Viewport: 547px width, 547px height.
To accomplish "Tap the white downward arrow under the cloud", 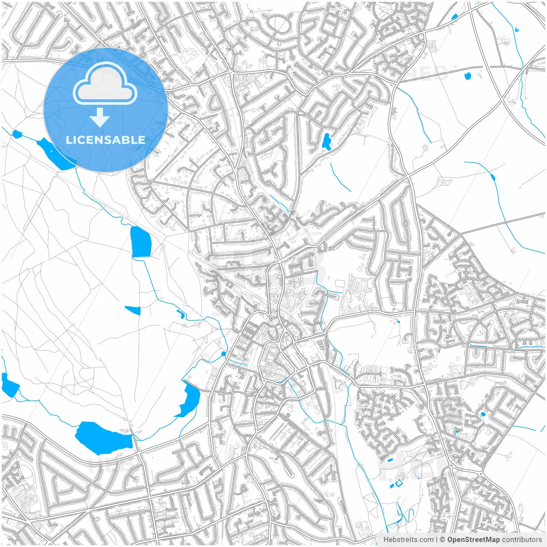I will (100, 118).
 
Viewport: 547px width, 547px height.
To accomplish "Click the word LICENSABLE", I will (105, 140).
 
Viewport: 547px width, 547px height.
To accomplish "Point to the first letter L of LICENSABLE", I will (68, 140).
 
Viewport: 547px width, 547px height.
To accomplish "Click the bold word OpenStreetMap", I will (473, 540).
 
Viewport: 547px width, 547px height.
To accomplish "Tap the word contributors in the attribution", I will (522, 540).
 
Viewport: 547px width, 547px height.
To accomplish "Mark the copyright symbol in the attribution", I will (443, 540).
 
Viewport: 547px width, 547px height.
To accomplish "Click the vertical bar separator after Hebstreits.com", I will (437, 540).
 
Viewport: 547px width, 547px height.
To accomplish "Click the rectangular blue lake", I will (141, 242).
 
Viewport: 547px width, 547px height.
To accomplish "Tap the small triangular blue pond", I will (134, 310).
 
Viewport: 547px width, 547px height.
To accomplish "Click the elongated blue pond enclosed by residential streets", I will (326, 141).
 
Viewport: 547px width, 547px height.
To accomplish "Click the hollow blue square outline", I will (399, 484).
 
